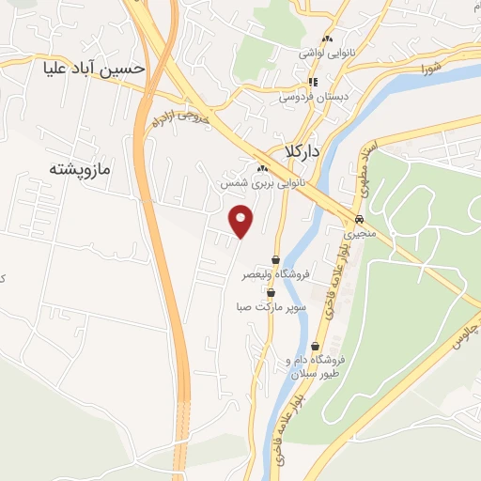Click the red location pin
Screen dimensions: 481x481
click(x=242, y=220)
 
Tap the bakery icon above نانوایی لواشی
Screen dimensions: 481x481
click(x=328, y=39)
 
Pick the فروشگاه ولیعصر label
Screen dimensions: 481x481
click(x=272, y=274)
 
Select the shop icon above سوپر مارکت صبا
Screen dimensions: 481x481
click(x=271, y=291)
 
